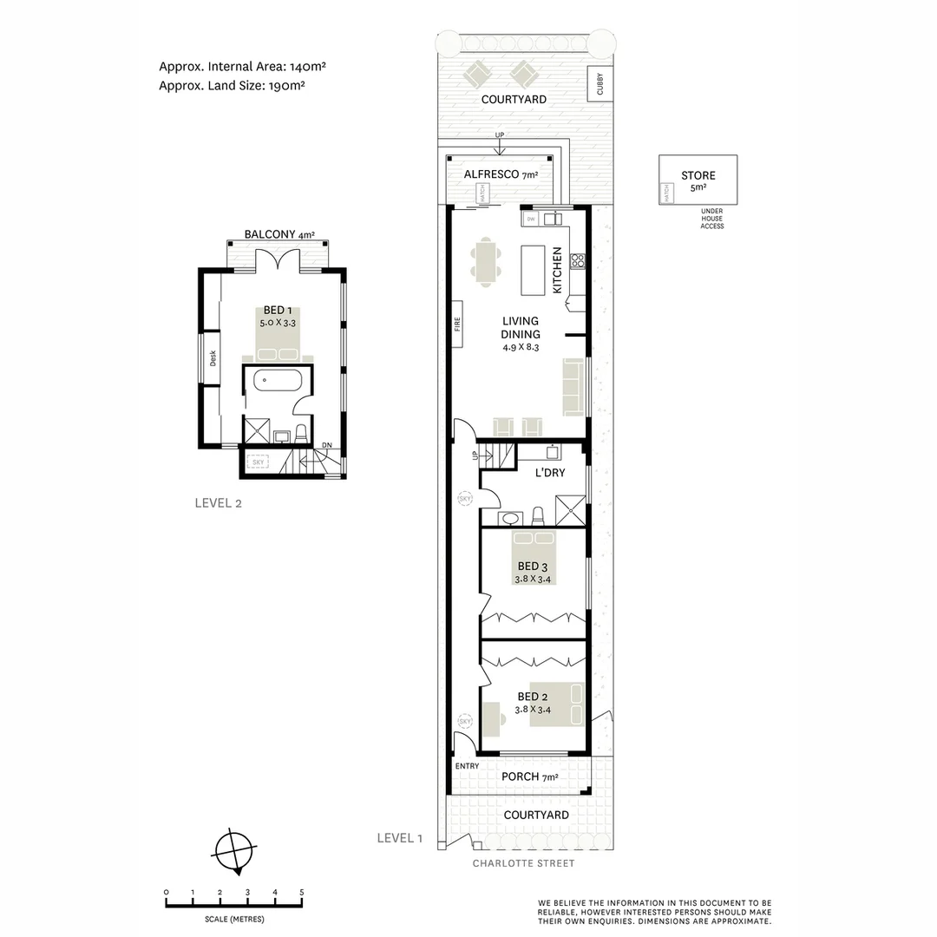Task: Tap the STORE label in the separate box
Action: point(698,175)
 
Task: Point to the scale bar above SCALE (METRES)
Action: point(233,905)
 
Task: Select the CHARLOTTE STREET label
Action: point(523,863)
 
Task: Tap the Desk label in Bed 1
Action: point(213,357)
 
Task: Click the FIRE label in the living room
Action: point(456,324)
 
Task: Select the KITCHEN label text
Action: point(557,269)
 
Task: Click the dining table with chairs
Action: point(486,263)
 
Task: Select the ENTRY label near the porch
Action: point(467,766)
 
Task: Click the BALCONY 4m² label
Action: point(278,234)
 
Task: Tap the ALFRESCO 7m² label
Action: point(501,174)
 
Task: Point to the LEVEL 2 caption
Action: point(218,502)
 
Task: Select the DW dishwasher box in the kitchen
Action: point(531,218)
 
